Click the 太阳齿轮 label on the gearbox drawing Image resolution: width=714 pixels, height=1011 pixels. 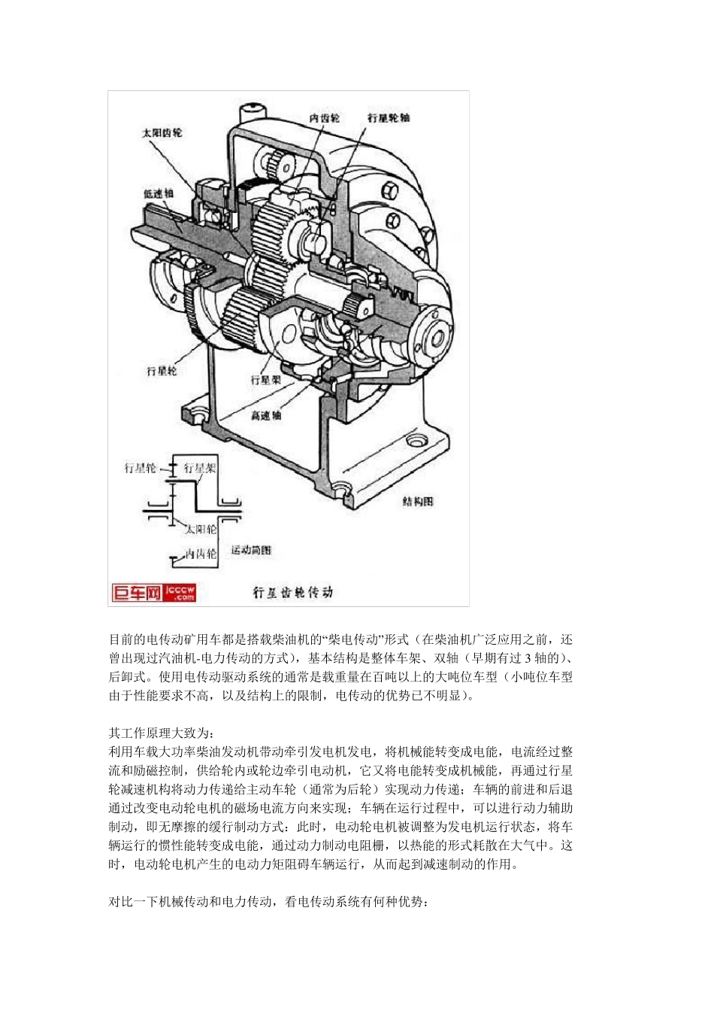162,133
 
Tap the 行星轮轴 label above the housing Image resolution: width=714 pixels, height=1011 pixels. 389,118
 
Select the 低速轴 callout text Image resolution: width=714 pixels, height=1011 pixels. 158,193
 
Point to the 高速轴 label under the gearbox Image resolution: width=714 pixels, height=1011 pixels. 266,415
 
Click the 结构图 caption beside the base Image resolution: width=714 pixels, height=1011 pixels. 418,501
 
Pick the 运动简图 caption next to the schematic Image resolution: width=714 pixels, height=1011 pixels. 251,551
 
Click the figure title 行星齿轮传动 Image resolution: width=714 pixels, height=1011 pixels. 292,593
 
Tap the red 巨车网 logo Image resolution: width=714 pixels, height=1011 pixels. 137,593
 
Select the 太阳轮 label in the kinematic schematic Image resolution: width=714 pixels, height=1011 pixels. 201,530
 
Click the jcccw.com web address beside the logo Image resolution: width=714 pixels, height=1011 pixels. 180,593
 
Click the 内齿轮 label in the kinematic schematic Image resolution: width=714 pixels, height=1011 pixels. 201,554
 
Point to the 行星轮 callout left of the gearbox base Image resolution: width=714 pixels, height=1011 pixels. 162,371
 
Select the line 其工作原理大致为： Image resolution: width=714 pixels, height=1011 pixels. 162,733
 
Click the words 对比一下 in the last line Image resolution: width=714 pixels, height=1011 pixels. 133,901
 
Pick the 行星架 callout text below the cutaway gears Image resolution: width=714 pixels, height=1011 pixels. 265,380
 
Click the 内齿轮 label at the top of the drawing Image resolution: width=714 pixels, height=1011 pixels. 324,118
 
